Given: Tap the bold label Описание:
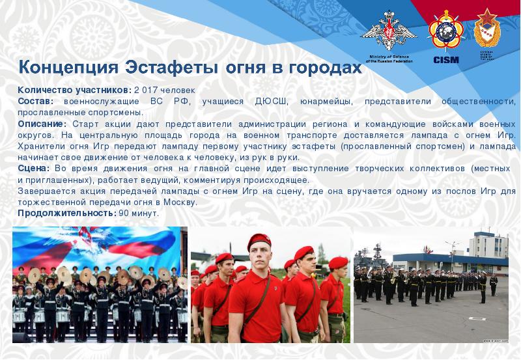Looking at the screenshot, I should click(42, 124).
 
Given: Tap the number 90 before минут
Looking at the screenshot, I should click(124, 213).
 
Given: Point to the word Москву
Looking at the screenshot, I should click(180, 202).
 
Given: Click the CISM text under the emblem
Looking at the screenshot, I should click(445, 60).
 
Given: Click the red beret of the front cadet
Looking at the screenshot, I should click(260, 241).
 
